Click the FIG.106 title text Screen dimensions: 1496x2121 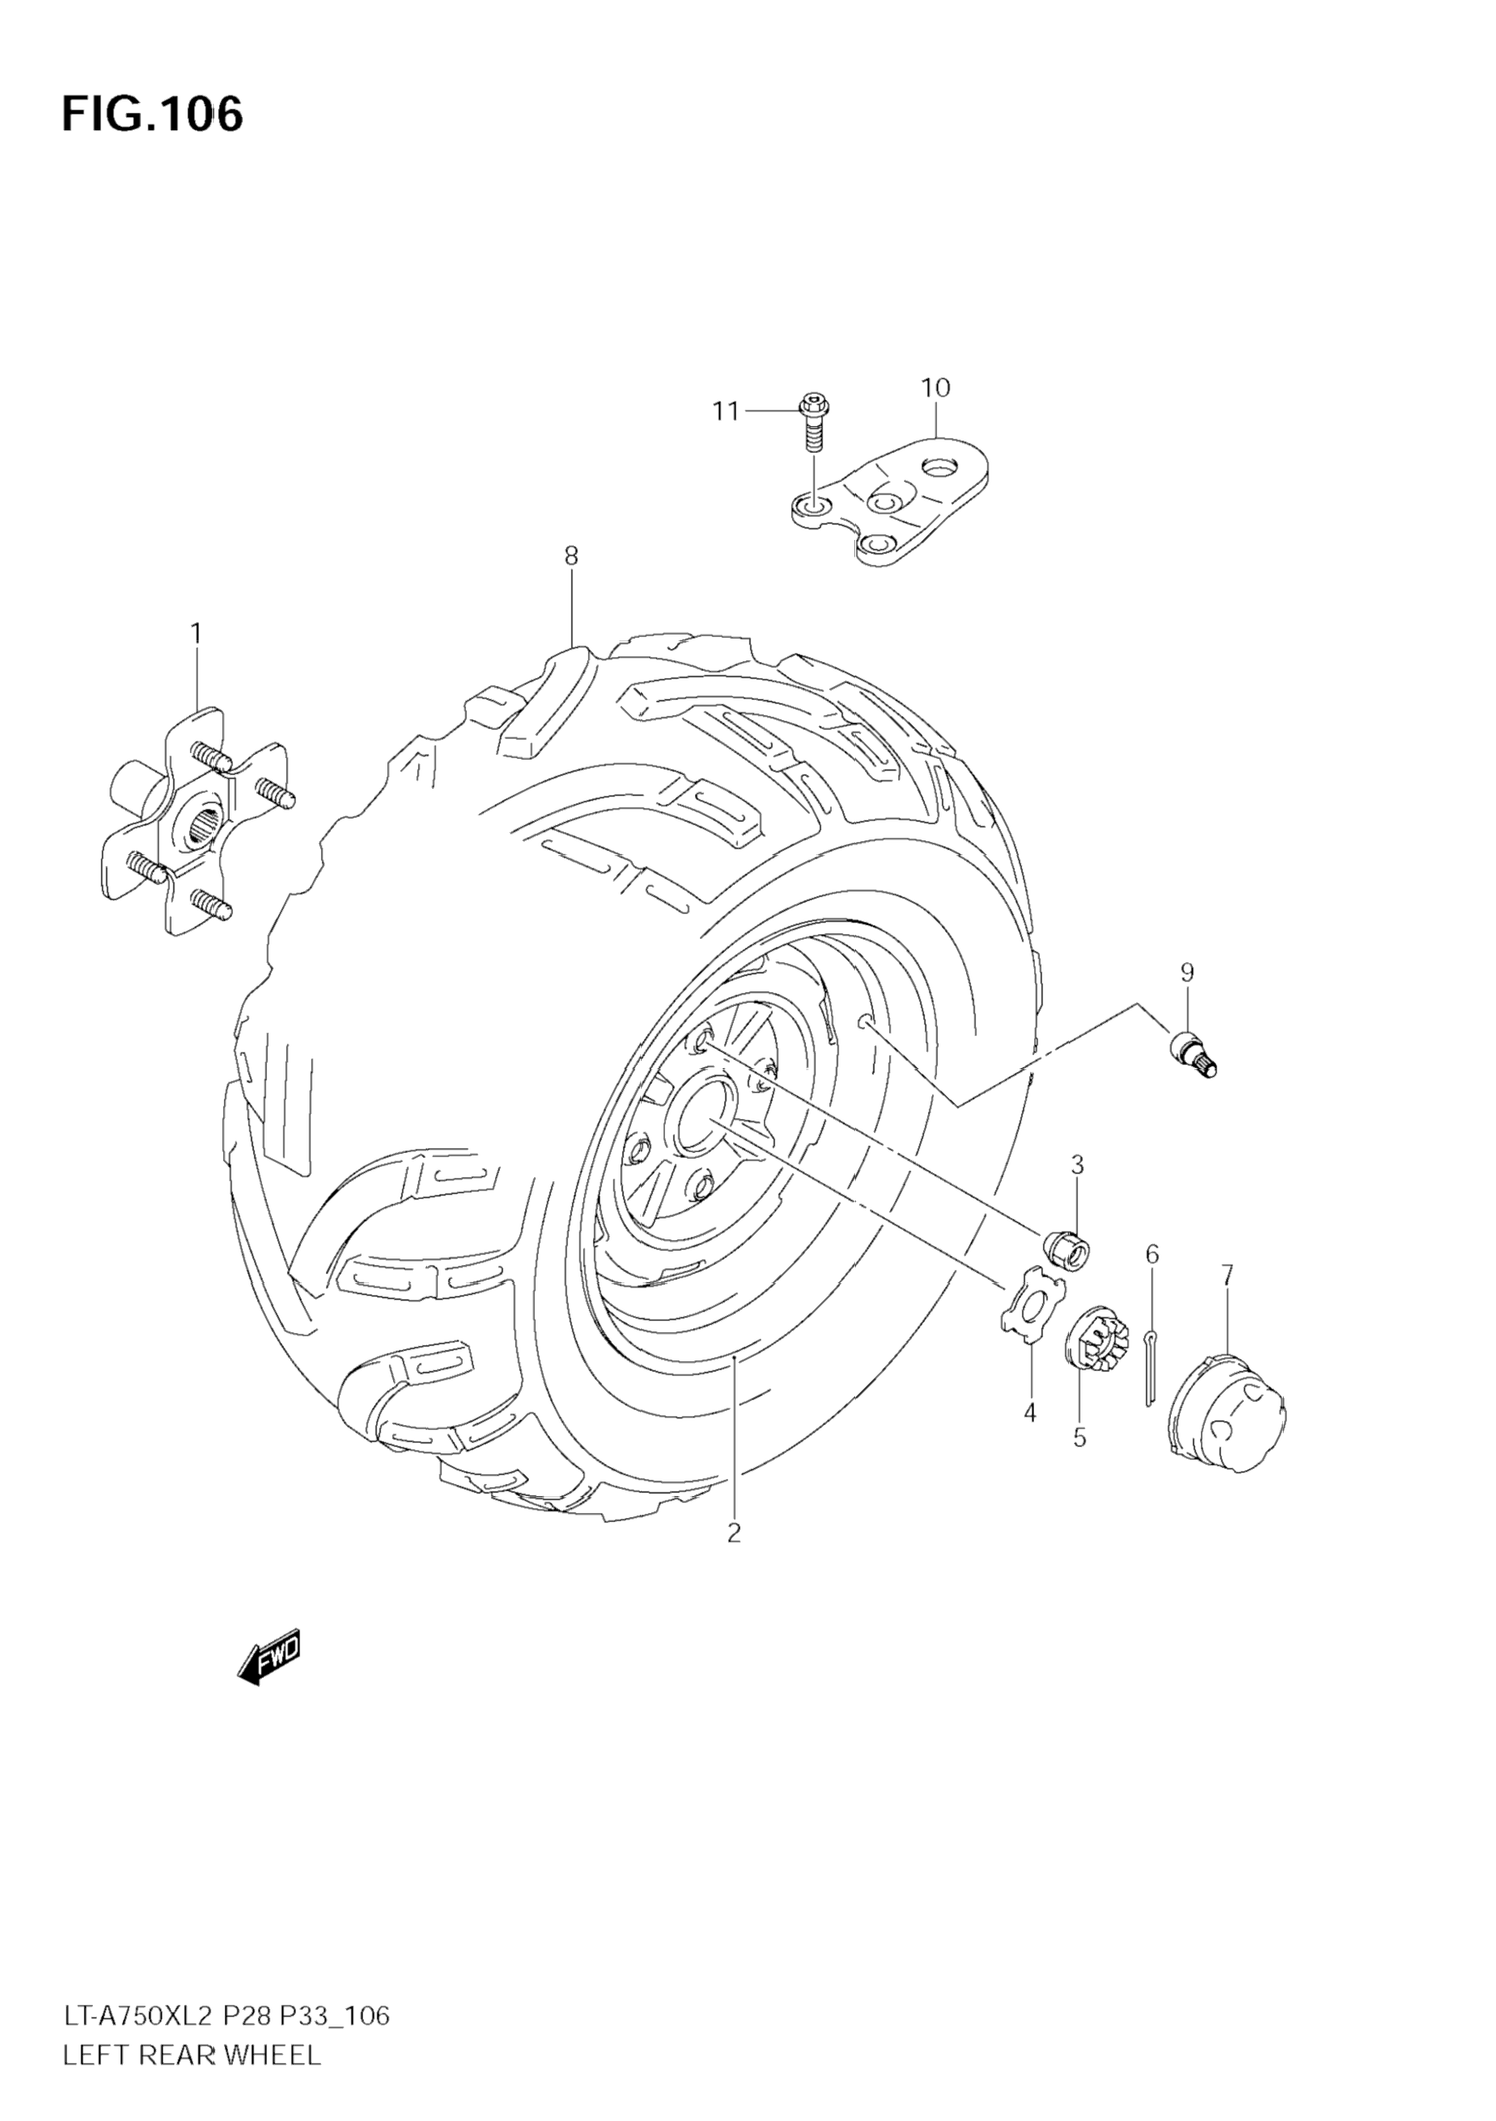coord(153,114)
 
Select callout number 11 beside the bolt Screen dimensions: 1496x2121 coord(725,411)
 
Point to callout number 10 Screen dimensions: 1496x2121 coord(935,388)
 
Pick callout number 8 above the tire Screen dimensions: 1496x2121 coord(571,556)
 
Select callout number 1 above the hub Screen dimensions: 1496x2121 coord(196,633)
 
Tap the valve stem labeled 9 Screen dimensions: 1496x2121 coord(1195,1055)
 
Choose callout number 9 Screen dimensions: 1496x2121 coord(1187,972)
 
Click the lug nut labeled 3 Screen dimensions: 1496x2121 coord(1066,1248)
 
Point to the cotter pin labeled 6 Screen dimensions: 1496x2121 coord(1149,1366)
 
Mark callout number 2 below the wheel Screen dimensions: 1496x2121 coord(734,1533)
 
